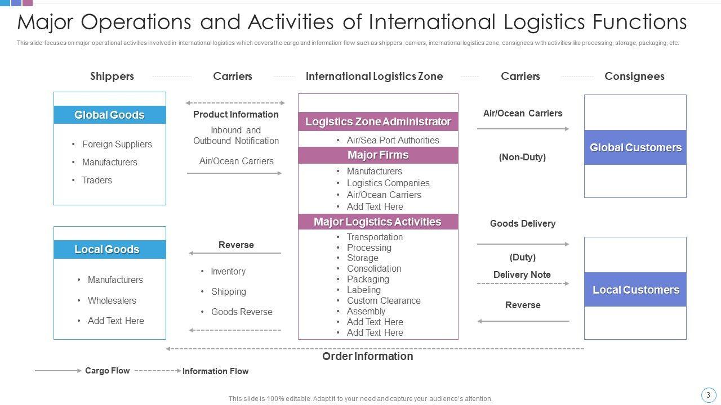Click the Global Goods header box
pos(110,115)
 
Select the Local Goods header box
pos(110,249)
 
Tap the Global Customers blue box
pos(635,147)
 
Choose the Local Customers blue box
pos(635,290)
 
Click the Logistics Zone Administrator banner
pos(378,121)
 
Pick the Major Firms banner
pos(378,155)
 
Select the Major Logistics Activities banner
pos(378,222)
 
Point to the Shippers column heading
pos(112,76)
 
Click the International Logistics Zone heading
pos(374,76)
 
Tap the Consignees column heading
pos(634,76)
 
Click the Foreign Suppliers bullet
pos(117,144)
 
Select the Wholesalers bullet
pos(112,300)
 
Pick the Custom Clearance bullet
pos(384,300)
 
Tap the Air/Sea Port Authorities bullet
pos(393,140)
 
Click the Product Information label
pos(236,114)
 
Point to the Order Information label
pos(367,356)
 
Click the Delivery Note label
pos(522,274)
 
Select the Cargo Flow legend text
pos(107,371)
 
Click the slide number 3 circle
pos(708,395)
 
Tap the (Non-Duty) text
pos(522,157)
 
